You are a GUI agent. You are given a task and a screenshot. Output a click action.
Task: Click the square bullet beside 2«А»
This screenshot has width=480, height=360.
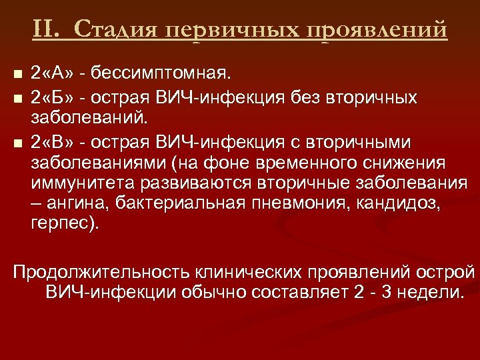(18, 71)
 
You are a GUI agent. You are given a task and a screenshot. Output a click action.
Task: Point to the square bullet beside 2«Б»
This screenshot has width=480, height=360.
(18, 99)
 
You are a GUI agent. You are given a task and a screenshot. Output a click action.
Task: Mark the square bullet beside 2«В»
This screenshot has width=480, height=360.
(18, 142)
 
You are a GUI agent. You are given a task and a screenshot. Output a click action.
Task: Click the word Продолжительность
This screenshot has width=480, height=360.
(101, 273)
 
